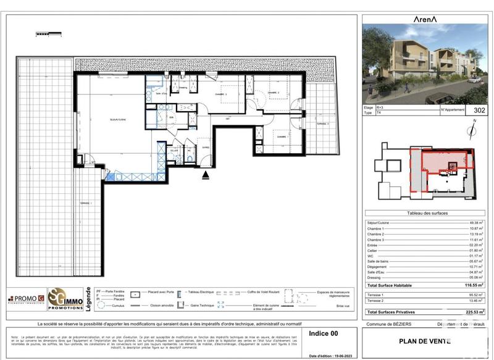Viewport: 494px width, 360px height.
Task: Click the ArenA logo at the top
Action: (x=425, y=19)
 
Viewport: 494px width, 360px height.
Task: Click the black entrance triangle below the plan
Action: (x=206, y=175)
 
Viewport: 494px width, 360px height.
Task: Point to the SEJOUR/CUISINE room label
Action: (x=118, y=119)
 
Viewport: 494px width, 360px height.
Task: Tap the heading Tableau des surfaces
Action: (x=427, y=213)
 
